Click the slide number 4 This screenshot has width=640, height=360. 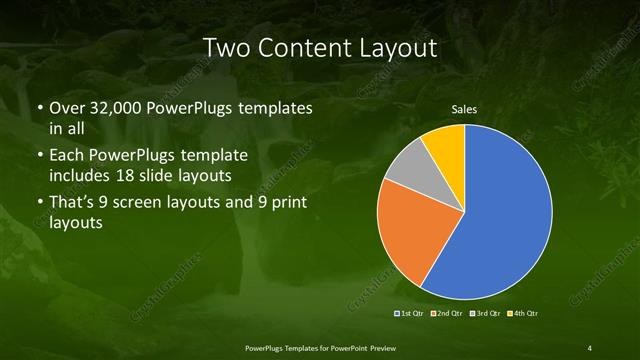point(590,347)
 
